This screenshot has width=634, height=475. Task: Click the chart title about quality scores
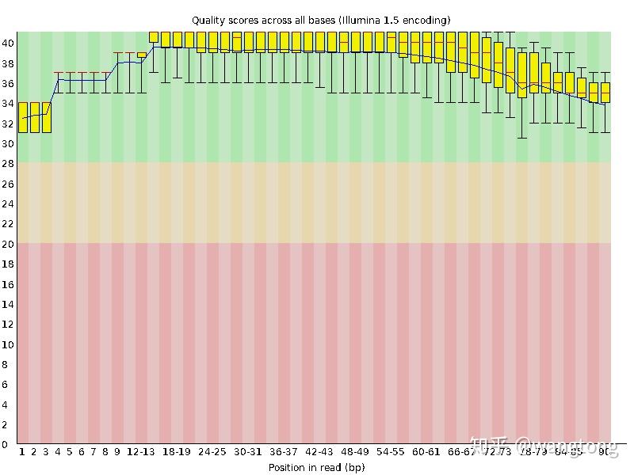pos(321,20)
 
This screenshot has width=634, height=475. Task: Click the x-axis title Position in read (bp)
pos(316,467)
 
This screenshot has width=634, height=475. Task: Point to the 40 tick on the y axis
pos(7,43)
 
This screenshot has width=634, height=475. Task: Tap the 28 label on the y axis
pos(7,163)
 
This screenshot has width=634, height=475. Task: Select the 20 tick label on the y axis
pos(7,243)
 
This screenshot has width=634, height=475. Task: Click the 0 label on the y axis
pos(7,444)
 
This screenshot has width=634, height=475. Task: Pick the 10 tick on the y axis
pos(7,344)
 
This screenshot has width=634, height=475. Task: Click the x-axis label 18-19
pos(176,452)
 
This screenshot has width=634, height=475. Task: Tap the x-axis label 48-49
pos(355,452)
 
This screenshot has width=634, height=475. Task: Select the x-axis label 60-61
pos(426,452)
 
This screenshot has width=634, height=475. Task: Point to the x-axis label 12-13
pos(140,452)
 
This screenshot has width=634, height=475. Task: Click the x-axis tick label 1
pos(22,452)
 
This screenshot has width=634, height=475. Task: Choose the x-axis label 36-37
pos(284,452)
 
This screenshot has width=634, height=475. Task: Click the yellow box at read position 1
pos(23,117)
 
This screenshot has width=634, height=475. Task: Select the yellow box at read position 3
pos(47,117)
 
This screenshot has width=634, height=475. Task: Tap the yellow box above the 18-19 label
pos(178,40)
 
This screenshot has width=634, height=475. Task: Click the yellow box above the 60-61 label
pos(427,47)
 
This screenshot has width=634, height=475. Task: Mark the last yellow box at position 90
pos(605,93)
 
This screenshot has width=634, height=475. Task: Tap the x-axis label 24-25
pos(212,452)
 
